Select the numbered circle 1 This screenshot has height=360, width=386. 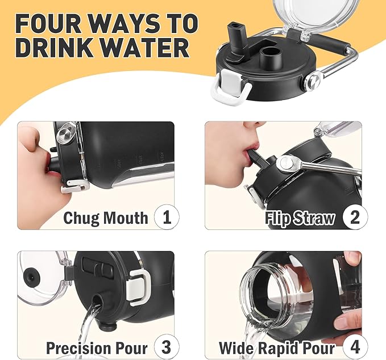(167, 217)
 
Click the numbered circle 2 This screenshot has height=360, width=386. (355, 217)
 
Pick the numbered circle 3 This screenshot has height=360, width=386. (167, 347)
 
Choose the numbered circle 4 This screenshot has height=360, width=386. (355, 347)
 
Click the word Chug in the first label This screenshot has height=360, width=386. (82, 218)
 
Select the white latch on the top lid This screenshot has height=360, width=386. (230, 86)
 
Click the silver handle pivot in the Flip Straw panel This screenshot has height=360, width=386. (287, 163)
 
